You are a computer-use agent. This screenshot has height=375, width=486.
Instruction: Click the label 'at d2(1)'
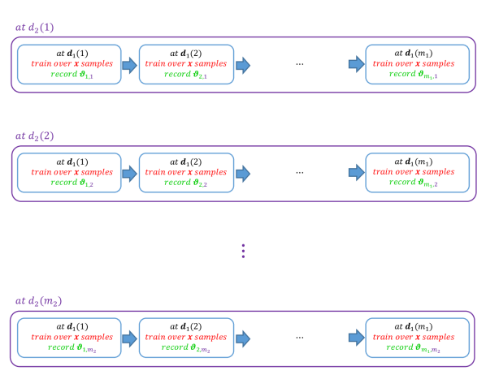click(x=34, y=28)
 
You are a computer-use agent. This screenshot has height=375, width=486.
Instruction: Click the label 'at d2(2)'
click(x=34, y=136)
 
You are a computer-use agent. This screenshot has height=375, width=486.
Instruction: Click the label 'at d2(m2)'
click(x=38, y=301)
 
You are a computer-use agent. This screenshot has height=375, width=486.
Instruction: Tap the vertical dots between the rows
click(x=243, y=251)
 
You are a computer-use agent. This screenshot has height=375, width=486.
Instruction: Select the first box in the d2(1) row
click(x=69, y=65)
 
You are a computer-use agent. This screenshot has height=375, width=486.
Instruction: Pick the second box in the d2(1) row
click(x=186, y=65)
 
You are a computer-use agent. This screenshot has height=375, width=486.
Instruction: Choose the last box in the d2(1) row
click(x=417, y=65)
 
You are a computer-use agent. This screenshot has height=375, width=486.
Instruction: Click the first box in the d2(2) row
click(x=69, y=173)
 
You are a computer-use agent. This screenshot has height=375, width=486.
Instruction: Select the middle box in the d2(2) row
click(x=186, y=173)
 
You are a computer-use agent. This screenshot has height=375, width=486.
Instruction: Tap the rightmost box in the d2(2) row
click(x=417, y=173)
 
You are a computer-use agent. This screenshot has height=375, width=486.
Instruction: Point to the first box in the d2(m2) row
click(x=69, y=338)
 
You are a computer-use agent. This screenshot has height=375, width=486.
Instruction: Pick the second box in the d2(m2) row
click(x=186, y=338)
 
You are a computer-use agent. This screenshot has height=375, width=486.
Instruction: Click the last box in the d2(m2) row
click(x=417, y=338)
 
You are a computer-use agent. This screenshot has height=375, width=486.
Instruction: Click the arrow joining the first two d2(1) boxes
click(x=129, y=65)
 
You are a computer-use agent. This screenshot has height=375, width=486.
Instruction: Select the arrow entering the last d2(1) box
click(x=356, y=64)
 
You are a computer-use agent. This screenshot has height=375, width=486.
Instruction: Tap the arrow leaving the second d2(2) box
click(x=243, y=173)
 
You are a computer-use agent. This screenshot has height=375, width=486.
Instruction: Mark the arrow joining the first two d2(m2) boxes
click(x=129, y=338)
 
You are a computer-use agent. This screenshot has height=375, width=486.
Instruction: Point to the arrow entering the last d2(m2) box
click(x=356, y=338)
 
